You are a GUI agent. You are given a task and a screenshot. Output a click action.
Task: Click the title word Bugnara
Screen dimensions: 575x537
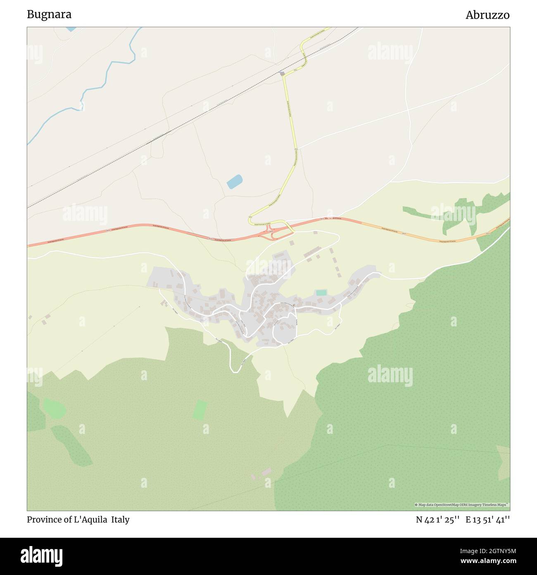[49, 14]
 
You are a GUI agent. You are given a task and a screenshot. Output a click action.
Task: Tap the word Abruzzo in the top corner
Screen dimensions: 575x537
[487, 15]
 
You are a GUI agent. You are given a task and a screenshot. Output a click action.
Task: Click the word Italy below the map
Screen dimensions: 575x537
[119, 520]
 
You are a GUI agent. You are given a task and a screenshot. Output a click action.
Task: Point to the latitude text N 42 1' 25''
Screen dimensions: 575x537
[438, 520]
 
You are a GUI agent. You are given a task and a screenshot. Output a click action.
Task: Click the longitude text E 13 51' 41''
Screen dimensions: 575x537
[487, 520]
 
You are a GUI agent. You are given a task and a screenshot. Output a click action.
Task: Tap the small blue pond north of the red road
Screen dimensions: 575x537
[234, 181]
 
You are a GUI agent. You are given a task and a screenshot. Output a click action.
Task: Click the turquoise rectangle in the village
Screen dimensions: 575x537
[321, 292]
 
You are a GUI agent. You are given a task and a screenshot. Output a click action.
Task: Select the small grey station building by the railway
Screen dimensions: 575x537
[282, 73]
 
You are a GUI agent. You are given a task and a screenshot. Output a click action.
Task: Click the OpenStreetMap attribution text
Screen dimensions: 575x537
[462, 505]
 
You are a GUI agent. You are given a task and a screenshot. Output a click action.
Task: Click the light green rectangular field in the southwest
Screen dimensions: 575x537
[200, 410]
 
